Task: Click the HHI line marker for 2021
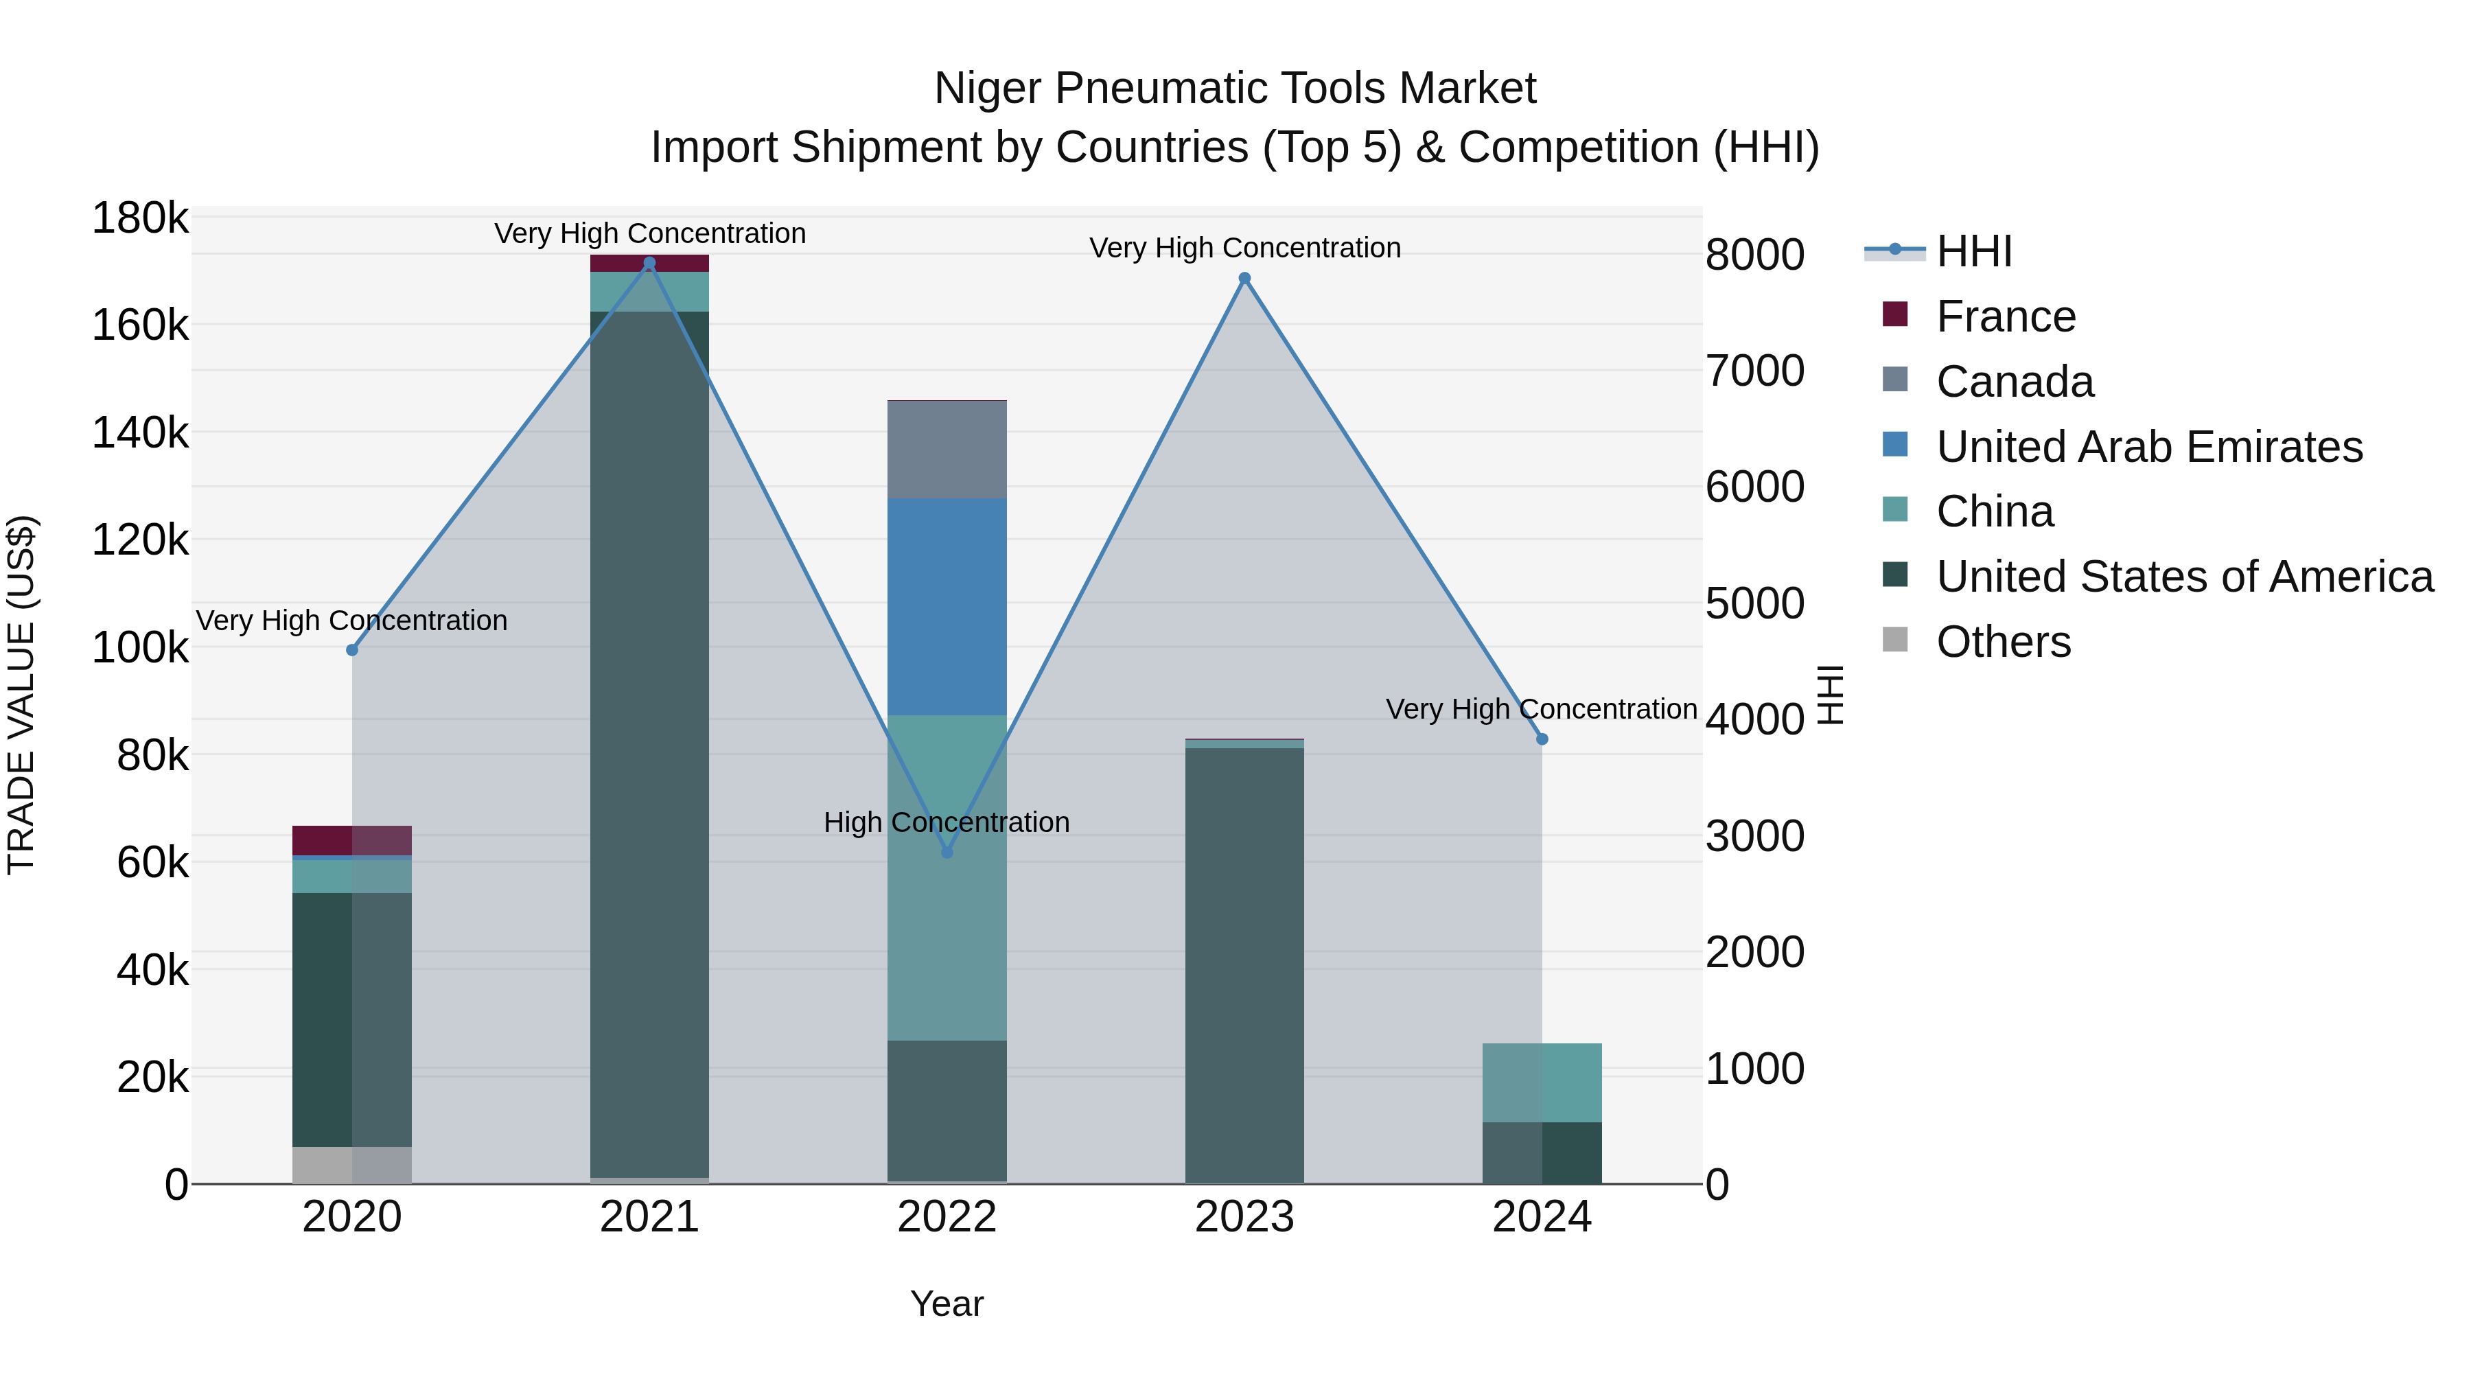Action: click(x=649, y=263)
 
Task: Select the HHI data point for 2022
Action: click(x=947, y=852)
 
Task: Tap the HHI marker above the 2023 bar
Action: click(x=1244, y=278)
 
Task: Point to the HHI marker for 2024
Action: click(x=1542, y=739)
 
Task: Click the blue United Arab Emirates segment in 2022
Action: click(x=947, y=606)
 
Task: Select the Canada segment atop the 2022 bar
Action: click(x=947, y=449)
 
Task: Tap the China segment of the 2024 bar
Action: click(x=1542, y=1082)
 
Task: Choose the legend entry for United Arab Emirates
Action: click(x=2148, y=447)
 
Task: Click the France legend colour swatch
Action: click(x=1894, y=314)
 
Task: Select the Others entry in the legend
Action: click(x=2003, y=642)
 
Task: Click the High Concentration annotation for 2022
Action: click(x=946, y=822)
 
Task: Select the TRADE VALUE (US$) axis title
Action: click(x=21, y=695)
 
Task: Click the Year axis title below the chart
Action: click(x=947, y=1304)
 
